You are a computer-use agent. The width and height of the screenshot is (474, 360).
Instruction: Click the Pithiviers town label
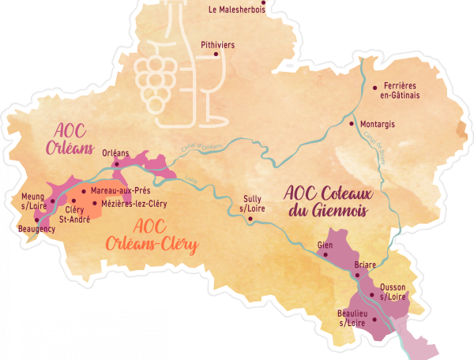click(217, 45)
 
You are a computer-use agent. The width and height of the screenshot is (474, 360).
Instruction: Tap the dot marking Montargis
click(352, 124)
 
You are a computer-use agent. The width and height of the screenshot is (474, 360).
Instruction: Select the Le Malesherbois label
click(236, 10)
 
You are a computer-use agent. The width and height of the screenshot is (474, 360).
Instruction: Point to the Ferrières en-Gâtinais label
click(400, 90)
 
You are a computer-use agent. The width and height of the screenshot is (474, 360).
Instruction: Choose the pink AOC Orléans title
click(75, 139)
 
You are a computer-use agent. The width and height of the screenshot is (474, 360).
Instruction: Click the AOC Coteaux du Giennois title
click(330, 202)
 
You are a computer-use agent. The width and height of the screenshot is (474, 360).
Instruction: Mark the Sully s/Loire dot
click(250, 219)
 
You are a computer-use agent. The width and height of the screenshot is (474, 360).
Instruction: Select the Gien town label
click(324, 245)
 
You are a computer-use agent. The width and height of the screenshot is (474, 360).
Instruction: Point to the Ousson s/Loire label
click(393, 292)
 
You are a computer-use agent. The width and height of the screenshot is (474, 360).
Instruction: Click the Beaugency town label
click(36, 229)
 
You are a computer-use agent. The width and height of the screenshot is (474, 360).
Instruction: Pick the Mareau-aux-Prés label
click(115, 191)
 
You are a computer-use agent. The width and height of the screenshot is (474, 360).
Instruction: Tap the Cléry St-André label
click(73, 214)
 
